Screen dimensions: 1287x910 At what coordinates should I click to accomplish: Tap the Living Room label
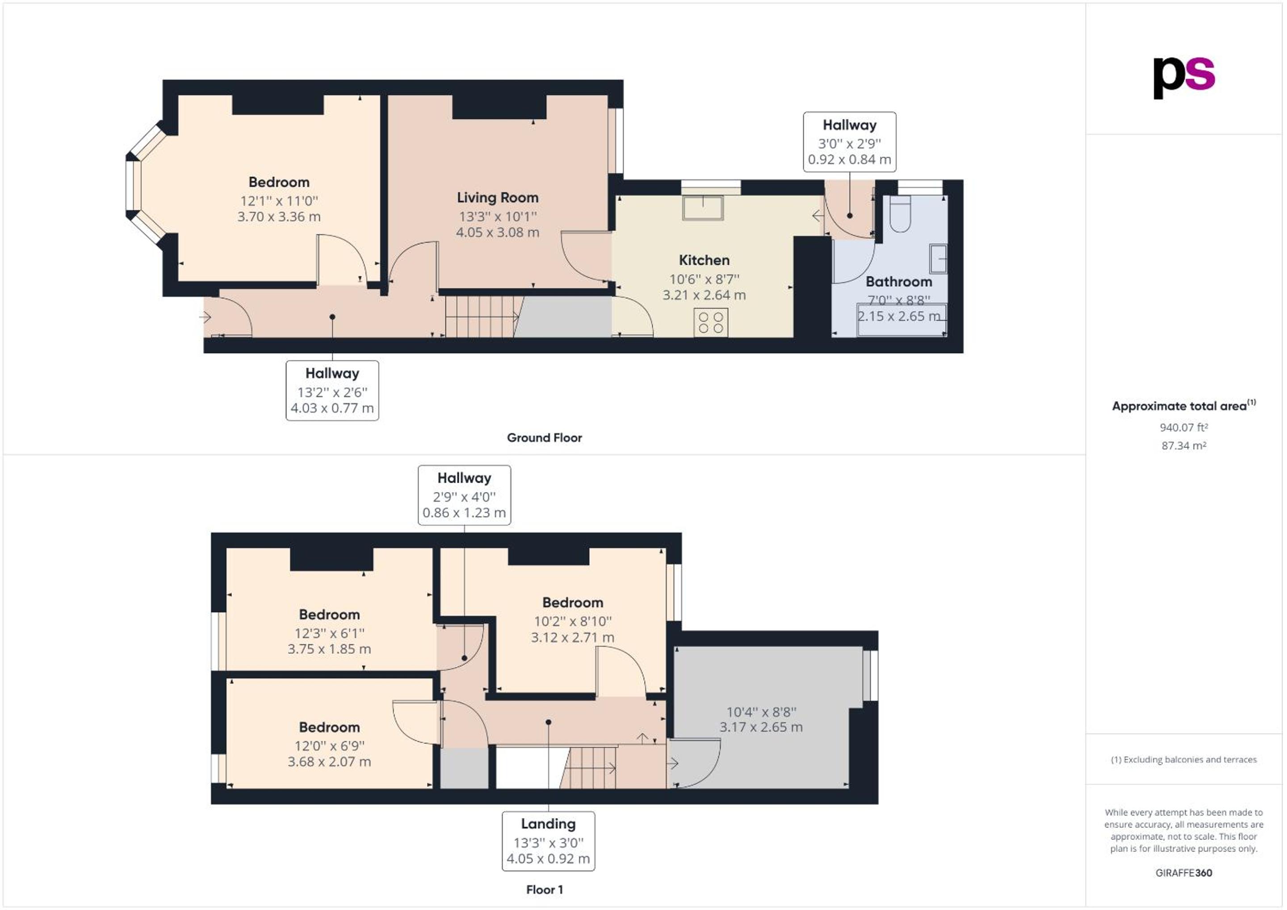click(x=497, y=197)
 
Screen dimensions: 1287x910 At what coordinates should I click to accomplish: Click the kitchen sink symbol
click(x=703, y=207)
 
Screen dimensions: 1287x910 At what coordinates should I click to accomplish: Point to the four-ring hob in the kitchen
click(x=711, y=323)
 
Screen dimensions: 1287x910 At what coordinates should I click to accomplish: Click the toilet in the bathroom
click(x=900, y=213)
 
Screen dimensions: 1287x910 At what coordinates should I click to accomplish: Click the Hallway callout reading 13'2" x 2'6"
click(x=332, y=391)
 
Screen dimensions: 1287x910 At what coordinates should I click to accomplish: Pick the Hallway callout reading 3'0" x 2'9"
click(x=849, y=142)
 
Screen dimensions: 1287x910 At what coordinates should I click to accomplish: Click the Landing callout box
click(x=548, y=841)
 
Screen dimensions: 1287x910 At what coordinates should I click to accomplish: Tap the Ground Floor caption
click(x=544, y=438)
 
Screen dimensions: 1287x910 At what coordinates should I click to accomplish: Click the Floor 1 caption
click(x=544, y=890)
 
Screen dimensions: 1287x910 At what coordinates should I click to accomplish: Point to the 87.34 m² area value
click(x=1184, y=446)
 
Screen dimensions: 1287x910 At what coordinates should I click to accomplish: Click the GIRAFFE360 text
click(x=1184, y=872)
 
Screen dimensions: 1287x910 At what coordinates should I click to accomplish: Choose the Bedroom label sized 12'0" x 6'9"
click(x=329, y=727)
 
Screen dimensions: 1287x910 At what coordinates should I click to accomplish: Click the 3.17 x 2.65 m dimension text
click(x=761, y=727)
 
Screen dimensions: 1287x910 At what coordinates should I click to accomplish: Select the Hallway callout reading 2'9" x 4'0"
click(x=464, y=495)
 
